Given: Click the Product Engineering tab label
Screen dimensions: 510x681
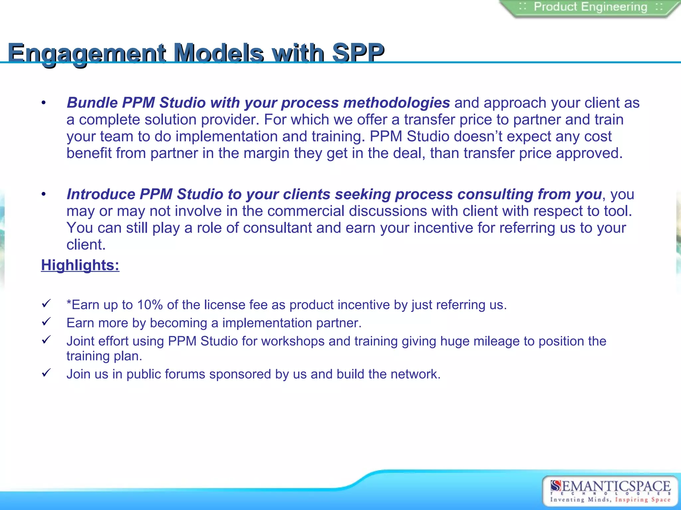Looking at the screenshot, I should click(x=591, y=7).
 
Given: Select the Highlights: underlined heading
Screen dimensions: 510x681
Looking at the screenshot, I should click(x=80, y=265).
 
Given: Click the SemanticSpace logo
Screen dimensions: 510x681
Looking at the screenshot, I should click(x=610, y=487).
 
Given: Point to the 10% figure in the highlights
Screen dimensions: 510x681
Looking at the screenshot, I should click(x=150, y=305).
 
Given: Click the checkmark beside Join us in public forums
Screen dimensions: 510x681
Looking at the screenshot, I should click(x=46, y=373).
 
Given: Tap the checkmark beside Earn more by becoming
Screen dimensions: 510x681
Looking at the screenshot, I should click(x=46, y=321).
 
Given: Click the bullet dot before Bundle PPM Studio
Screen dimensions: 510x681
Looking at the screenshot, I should click(x=44, y=103).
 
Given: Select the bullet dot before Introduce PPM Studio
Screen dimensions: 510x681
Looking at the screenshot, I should click(x=44, y=194).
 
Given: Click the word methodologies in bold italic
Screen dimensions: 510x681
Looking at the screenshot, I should click(x=396, y=103).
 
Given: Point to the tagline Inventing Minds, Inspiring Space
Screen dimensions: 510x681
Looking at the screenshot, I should click(x=610, y=499).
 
